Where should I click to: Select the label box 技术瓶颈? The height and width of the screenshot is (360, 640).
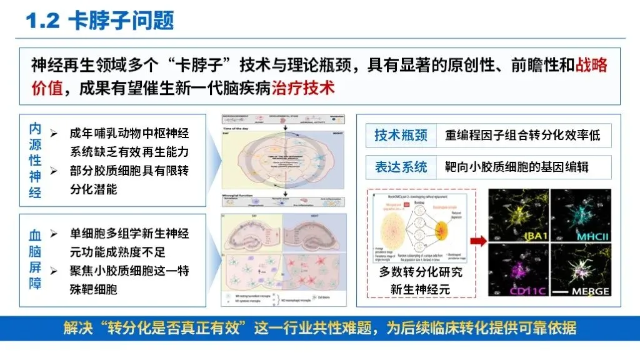coord(401,135)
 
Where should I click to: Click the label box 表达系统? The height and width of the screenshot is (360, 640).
coord(401,167)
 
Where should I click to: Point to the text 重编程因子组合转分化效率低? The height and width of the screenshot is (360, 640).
coord(522,135)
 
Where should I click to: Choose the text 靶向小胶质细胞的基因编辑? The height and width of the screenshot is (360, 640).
coord(517,167)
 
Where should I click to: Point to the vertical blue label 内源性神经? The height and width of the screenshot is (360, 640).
coord(36,161)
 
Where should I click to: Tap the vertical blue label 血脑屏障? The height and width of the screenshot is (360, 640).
coord(36,260)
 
